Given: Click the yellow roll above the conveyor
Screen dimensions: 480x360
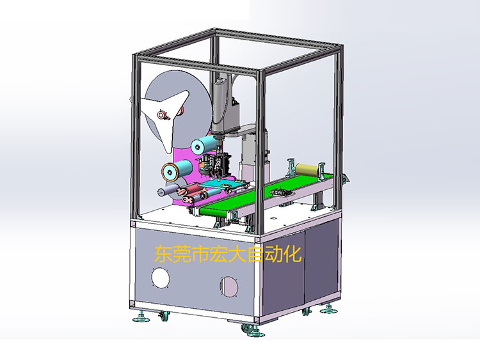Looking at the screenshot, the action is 307,169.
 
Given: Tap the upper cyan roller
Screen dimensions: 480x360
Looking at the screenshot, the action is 204,145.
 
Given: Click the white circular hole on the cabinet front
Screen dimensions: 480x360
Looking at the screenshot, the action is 161,278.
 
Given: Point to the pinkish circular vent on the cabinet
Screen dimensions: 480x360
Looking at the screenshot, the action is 228,286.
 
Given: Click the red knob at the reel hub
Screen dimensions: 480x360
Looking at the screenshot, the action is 163,114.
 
